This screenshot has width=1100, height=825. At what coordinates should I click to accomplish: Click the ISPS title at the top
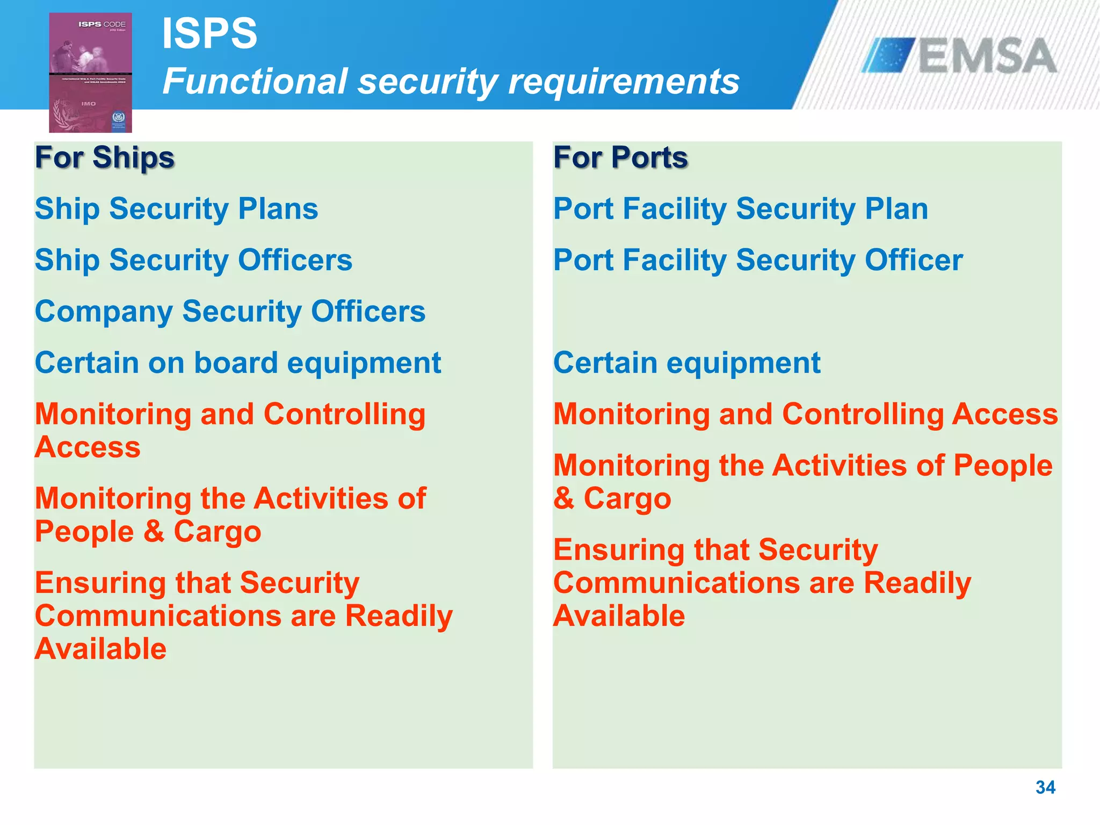[x=209, y=33]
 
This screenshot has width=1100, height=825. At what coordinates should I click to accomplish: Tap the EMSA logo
[x=959, y=56]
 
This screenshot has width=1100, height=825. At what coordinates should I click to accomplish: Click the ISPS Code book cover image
[x=90, y=73]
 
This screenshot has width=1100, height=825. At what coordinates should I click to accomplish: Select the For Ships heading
[x=105, y=157]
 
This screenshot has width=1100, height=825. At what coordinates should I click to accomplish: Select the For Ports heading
[x=620, y=157]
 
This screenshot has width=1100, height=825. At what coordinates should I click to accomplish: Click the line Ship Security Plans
[x=176, y=208]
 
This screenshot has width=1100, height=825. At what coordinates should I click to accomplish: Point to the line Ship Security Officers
[x=193, y=260]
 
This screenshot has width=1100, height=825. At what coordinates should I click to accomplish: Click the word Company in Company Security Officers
[x=104, y=312]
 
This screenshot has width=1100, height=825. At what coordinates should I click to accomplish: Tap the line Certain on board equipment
[x=237, y=363]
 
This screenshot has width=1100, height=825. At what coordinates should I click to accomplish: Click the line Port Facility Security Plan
[x=740, y=208]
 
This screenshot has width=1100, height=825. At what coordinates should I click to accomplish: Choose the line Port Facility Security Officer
[x=758, y=260]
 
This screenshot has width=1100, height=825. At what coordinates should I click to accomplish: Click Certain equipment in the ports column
[x=686, y=363]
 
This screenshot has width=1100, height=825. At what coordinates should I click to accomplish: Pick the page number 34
[x=1045, y=787]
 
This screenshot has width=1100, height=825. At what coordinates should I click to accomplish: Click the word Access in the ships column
[x=88, y=447]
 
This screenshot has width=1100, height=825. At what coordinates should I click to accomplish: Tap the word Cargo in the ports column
[x=627, y=498]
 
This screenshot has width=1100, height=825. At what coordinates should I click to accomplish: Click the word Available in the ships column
[x=100, y=649]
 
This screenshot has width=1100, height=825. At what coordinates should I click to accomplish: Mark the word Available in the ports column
[x=619, y=616]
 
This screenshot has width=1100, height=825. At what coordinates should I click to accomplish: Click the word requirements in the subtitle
[x=624, y=82]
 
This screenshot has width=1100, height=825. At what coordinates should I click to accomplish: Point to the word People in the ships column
[x=84, y=532]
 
